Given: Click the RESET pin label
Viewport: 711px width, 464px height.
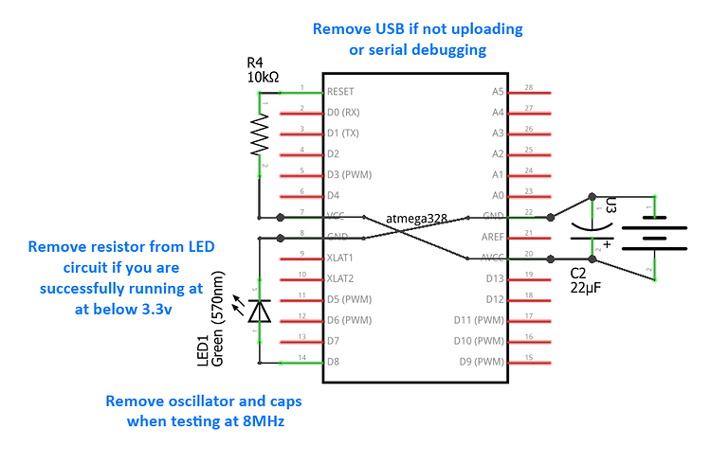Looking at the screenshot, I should pos(339,92).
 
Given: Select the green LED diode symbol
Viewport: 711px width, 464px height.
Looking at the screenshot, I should pos(261,309).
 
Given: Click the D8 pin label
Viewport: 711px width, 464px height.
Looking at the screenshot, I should pos(333,362).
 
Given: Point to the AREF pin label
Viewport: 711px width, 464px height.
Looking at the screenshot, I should pos(492,238).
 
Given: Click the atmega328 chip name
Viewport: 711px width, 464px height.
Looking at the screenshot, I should pos(417,219).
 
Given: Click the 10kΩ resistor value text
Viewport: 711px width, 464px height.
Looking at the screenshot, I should pos(265,76).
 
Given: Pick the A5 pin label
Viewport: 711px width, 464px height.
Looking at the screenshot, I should pos(498,92).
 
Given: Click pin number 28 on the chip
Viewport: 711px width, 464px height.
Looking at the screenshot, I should pos(529,87).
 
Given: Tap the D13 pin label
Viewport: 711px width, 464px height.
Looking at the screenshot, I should pos(493,278).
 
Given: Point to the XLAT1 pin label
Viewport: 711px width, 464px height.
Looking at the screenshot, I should pos(339,258).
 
